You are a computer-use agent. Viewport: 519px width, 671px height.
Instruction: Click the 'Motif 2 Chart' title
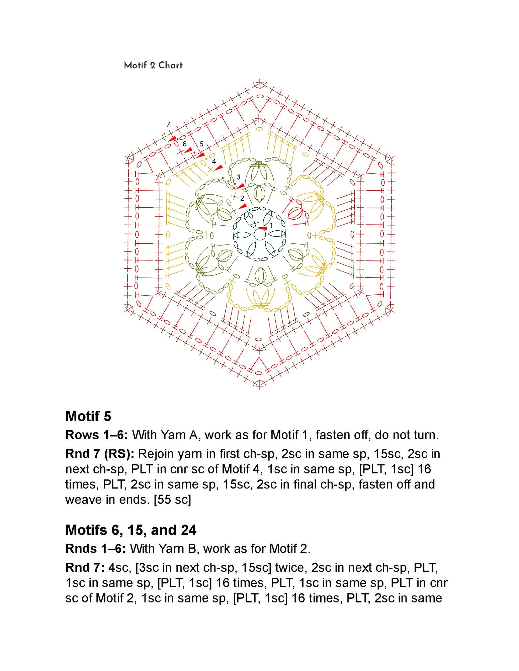153,65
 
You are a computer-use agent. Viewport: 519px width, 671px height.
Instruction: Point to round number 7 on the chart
168,124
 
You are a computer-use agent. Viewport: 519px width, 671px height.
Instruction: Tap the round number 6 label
184,144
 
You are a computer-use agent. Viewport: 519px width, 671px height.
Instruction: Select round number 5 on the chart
201,144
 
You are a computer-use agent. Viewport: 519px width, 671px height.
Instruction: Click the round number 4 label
214,161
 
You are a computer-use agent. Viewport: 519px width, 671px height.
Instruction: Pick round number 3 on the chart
239,177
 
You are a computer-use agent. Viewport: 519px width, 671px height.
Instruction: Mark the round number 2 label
242,198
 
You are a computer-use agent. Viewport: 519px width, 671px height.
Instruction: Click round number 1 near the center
271,225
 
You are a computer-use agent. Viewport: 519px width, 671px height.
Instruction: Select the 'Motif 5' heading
88,416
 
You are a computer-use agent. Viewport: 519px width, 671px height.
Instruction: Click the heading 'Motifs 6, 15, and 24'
131,530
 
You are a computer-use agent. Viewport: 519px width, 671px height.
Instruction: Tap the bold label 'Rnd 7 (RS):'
100,454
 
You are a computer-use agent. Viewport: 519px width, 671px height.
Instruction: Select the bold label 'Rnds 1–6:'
96,549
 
